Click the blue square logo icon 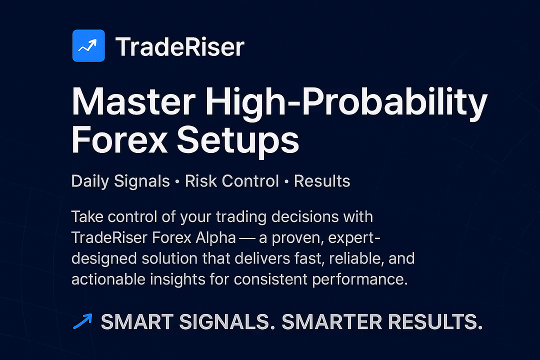(88, 45)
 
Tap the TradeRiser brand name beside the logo (180, 46)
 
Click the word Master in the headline (133, 101)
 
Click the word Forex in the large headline (119, 139)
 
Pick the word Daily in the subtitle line (90, 181)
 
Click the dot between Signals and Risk (177, 181)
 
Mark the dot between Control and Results (286, 181)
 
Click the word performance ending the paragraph (360, 279)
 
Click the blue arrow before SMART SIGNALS (82, 321)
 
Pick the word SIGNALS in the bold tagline (227, 322)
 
